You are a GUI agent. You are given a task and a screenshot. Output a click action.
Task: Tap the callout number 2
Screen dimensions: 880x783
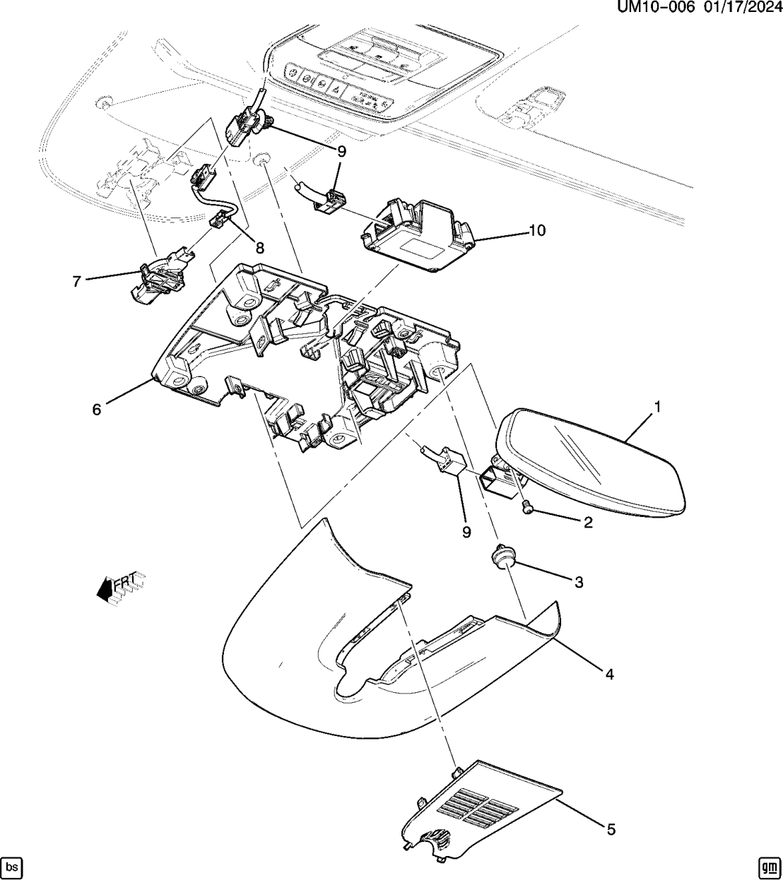tap(587, 523)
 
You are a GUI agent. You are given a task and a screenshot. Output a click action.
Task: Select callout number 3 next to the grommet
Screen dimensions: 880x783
tap(578, 582)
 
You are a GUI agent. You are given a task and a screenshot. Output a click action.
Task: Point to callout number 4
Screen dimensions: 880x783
tap(608, 674)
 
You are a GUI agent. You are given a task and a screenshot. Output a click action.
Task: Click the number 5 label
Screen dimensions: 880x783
tap(611, 829)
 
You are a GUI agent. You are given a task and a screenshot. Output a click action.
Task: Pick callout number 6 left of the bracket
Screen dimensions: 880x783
tap(97, 408)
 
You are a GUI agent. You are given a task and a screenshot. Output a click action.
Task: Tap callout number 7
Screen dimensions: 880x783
tap(77, 280)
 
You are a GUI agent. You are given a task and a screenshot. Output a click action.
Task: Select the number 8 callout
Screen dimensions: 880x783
tap(260, 248)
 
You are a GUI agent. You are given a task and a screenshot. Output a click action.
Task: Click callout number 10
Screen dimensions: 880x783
tap(537, 230)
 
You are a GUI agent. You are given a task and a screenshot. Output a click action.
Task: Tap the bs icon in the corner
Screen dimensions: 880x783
tap(11, 866)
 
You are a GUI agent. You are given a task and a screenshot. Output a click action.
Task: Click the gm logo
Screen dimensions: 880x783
tap(769, 866)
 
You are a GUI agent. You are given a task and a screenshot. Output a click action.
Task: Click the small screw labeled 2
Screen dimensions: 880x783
tap(527, 506)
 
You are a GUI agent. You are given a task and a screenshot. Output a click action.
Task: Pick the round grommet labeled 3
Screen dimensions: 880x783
tap(502, 558)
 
